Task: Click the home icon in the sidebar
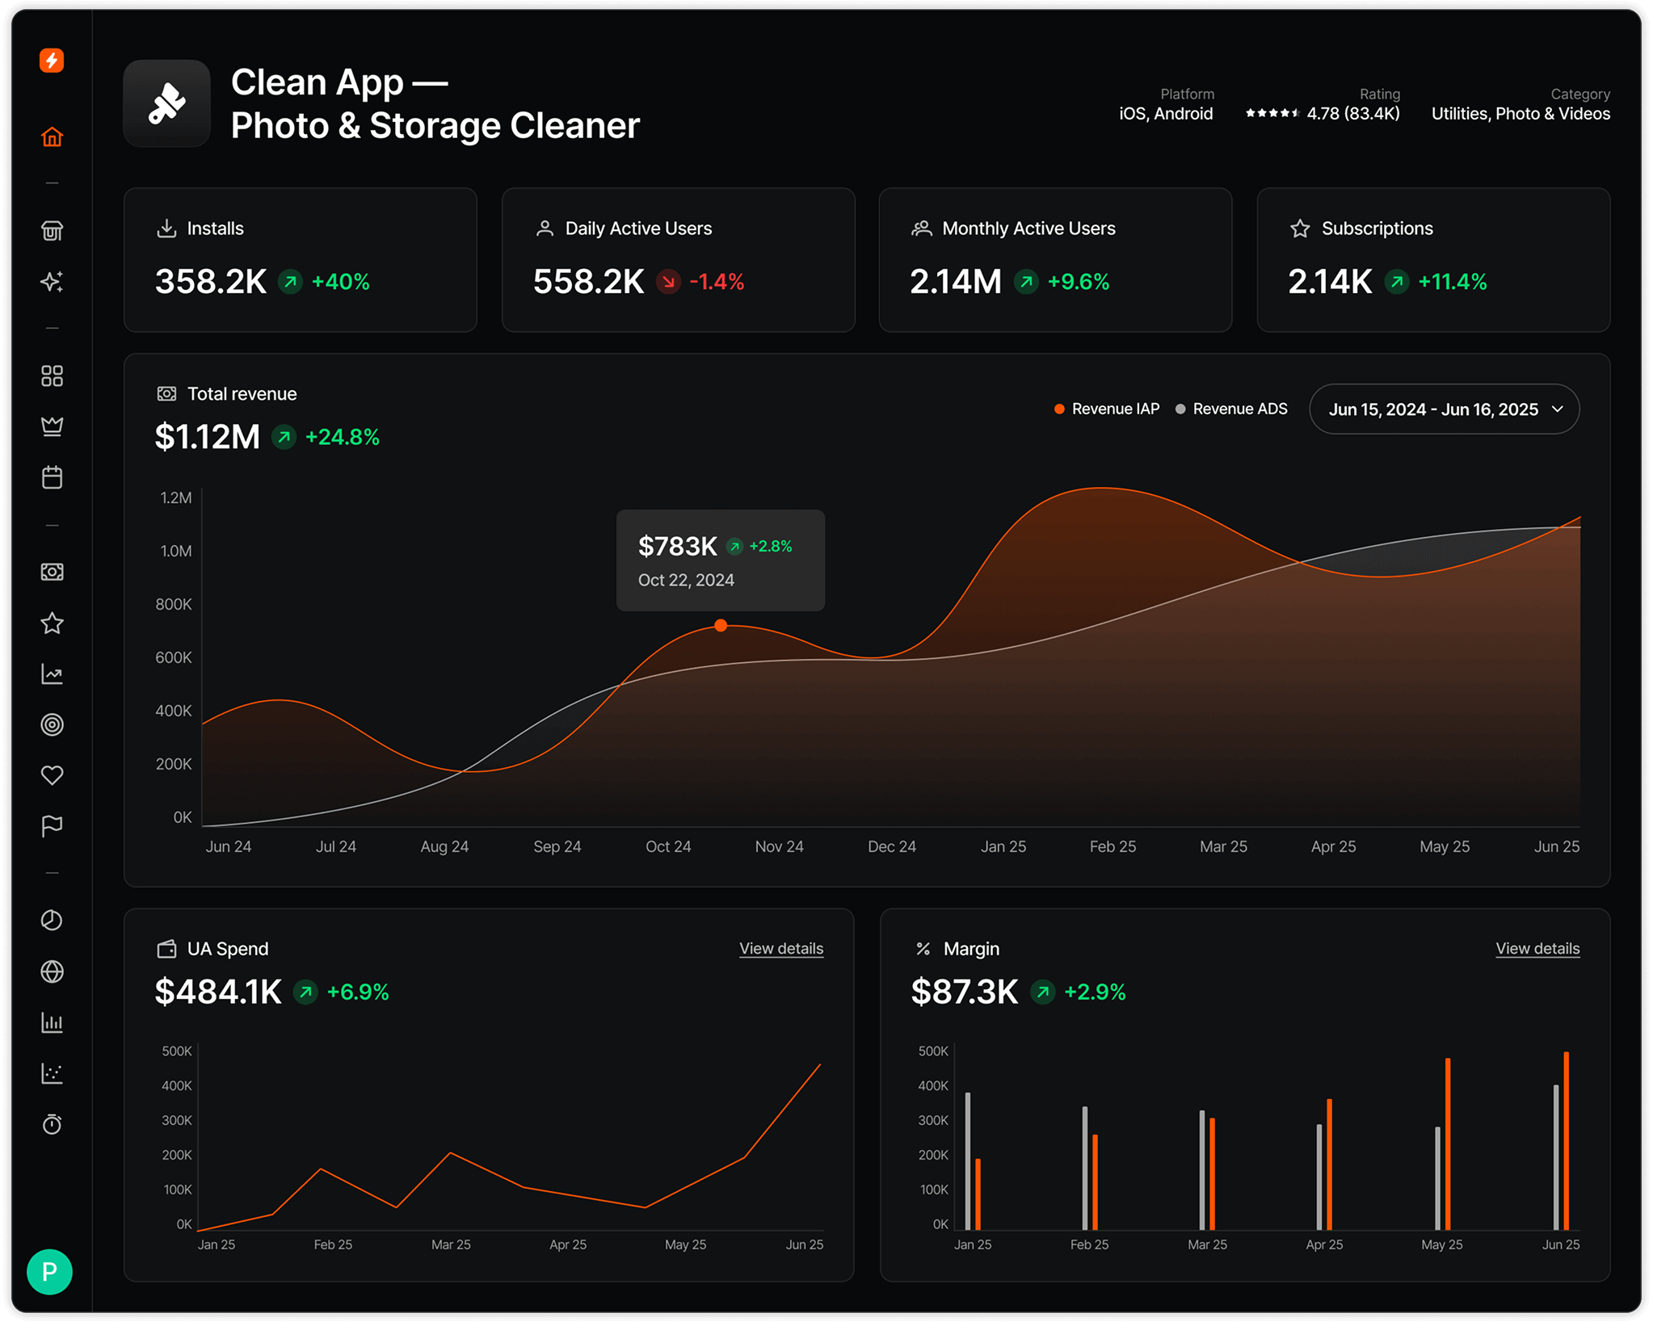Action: (52, 137)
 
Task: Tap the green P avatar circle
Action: (49, 1271)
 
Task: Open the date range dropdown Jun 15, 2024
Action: (1443, 409)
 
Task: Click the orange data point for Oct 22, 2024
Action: (721, 625)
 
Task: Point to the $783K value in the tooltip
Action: (677, 547)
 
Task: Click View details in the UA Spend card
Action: (780, 948)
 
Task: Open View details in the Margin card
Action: (1537, 948)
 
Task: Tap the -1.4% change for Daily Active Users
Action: (716, 282)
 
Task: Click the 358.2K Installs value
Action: (210, 282)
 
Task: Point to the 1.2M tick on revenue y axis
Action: (175, 497)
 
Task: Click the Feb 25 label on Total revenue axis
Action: (1112, 846)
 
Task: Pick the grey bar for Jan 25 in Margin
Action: (967, 1160)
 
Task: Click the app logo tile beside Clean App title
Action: (166, 103)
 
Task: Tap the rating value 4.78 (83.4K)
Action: (1352, 114)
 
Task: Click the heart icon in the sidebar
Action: (52, 775)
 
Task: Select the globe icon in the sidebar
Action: (52, 972)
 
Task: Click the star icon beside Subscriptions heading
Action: (1299, 229)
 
